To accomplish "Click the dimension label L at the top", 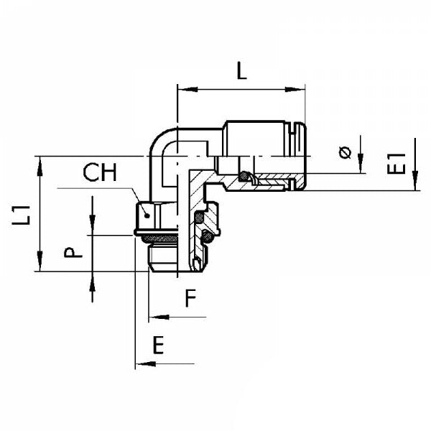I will click(241, 71).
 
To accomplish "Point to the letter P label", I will click(70, 253).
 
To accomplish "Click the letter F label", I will click(189, 298).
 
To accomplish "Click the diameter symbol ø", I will click(344, 153).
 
